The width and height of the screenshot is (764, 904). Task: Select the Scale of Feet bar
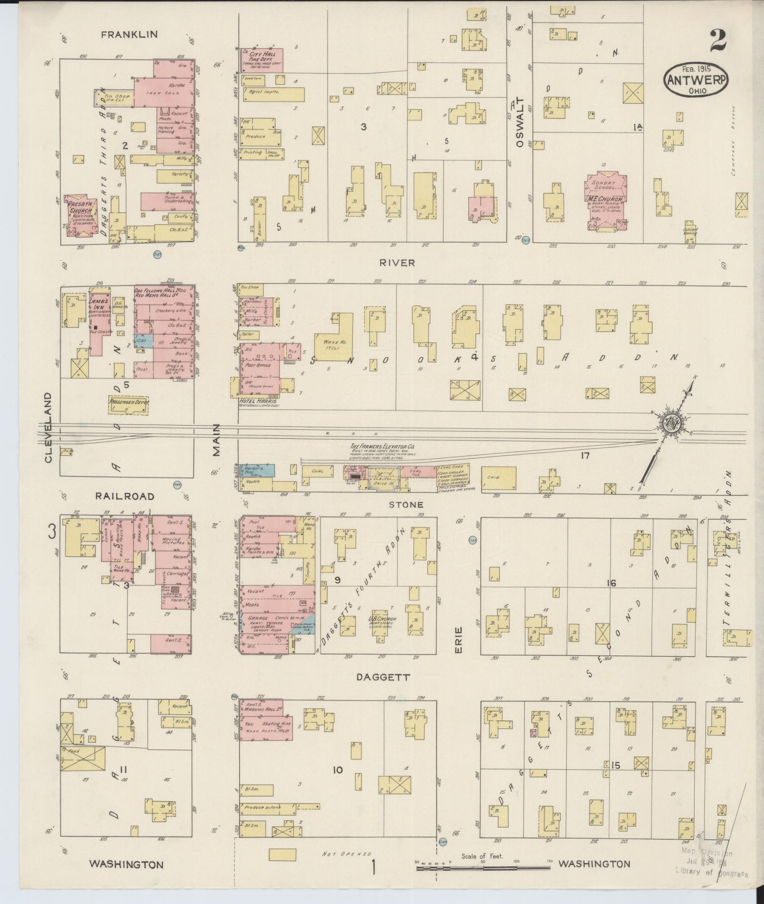click(483, 869)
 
